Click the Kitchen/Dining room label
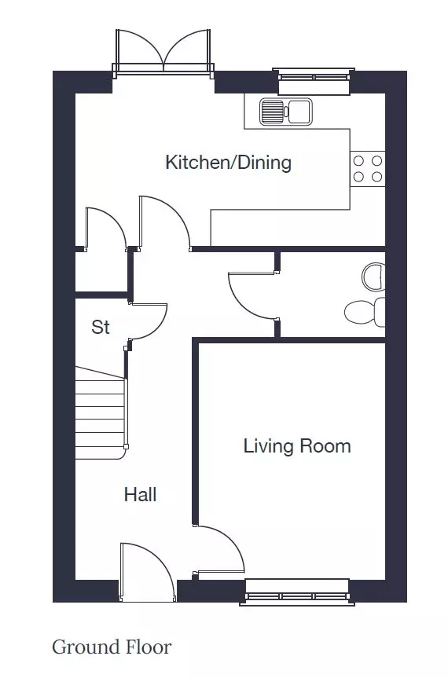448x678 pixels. tap(229, 163)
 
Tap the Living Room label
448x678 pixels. tap(297, 445)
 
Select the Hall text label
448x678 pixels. tap(140, 494)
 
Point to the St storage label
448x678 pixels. tap(101, 327)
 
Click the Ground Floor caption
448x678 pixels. tap(112, 647)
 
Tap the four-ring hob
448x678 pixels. tap(368, 169)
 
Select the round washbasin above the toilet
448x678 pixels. tap(373, 277)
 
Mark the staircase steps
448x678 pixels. tap(101, 412)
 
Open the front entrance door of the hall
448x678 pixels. tap(147, 572)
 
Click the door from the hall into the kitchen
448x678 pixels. tap(164, 223)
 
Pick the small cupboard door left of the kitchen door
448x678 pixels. tap(106, 229)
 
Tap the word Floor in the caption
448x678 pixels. tap(148, 647)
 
